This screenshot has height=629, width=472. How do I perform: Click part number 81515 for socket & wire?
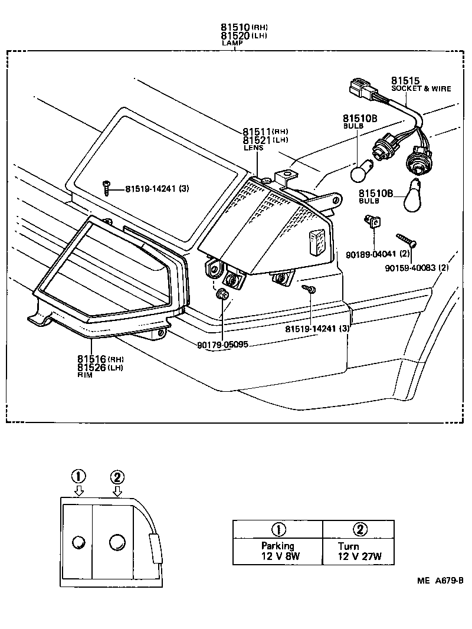(x=405, y=80)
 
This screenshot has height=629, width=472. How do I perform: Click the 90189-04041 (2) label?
(x=376, y=254)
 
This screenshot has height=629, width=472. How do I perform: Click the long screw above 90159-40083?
(x=407, y=239)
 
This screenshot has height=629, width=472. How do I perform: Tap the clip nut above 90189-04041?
(x=372, y=221)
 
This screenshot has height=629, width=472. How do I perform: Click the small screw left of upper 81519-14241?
(x=106, y=188)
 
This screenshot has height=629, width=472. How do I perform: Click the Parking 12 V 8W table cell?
(x=277, y=551)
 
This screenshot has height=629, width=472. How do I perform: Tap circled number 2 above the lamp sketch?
(x=117, y=477)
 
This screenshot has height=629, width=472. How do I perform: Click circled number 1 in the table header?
(x=277, y=529)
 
